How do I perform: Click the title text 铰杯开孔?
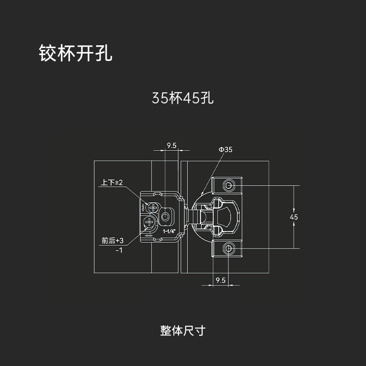click(75, 53)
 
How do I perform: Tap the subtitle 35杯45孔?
click(183, 98)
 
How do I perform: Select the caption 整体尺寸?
click(183, 330)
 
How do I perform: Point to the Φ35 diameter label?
click(226, 150)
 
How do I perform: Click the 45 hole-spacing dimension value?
click(294, 217)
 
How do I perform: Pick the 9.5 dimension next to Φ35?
click(172, 145)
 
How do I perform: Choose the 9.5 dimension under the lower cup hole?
click(221, 280)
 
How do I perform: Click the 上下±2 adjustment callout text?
click(112, 182)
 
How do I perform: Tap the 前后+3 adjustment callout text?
click(113, 241)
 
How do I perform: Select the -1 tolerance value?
click(119, 250)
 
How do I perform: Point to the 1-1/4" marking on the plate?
click(169, 231)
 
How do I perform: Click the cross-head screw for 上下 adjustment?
click(153, 207)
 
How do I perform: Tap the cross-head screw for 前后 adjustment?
click(149, 221)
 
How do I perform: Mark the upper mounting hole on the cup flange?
click(228, 186)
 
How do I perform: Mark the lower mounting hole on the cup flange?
click(228, 248)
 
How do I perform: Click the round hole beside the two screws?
click(165, 216)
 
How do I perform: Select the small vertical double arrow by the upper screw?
click(143, 207)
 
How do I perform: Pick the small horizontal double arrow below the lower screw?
click(149, 236)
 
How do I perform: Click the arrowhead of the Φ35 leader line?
click(202, 193)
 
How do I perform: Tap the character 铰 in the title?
click(48, 53)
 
